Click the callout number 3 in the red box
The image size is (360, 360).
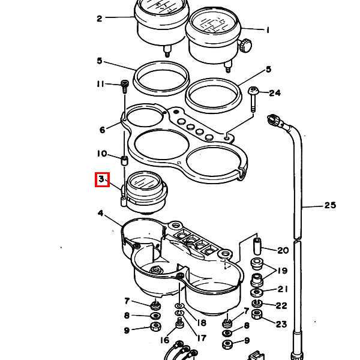pyautogui.click(x=101, y=179)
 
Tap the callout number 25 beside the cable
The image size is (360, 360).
pyautogui.click(x=330, y=205)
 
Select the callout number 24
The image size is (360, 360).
pyautogui.click(x=275, y=93)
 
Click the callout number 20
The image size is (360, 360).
pyautogui.click(x=283, y=250)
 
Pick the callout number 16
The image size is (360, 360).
pyautogui.click(x=164, y=340)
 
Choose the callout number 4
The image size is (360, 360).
pyautogui.click(x=101, y=213)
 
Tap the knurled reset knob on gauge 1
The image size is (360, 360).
pyautogui.click(x=245, y=45)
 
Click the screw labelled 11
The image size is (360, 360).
pyautogui.click(x=125, y=86)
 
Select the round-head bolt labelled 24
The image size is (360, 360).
pyautogui.click(x=253, y=99)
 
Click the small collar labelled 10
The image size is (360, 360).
pyautogui.click(x=124, y=160)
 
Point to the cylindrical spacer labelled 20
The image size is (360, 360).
pyautogui.click(x=257, y=247)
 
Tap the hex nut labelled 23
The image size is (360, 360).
pyautogui.click(x=257, y=314)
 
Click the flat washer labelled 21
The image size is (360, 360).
pyautogui.click(x=257, y=292)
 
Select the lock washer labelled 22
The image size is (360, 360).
pyautogui.click(x=257, y=304)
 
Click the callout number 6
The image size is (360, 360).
pyautogui.click(x=103, y=130)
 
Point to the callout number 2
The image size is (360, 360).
pyautogui.click(x=99, y=19)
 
